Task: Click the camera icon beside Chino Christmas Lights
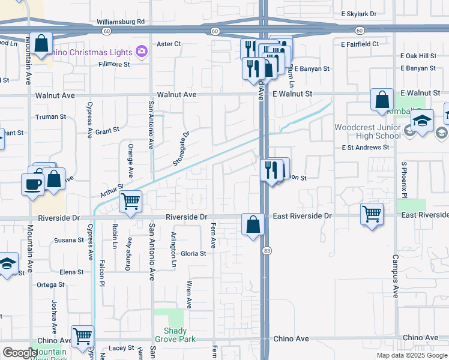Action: (142, 50)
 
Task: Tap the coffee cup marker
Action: (32, 184)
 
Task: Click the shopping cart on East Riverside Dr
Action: (372, 213)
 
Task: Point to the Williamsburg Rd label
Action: (121, 22)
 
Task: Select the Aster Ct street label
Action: (168, 44)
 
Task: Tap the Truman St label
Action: (50, 116)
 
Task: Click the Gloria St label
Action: (193, 254)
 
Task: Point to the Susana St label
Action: (68, 240)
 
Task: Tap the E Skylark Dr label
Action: (358, 13)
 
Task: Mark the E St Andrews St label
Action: (365, 147)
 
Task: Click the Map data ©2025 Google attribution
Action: (411, 355)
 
